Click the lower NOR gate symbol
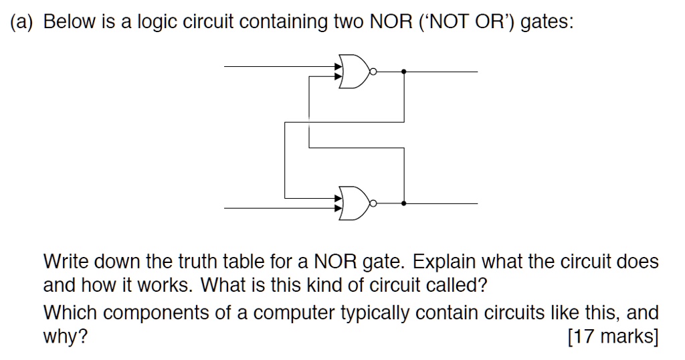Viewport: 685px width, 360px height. click(355, 203)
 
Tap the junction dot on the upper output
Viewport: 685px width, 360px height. click(404, 71)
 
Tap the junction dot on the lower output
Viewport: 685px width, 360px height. click(404, 203)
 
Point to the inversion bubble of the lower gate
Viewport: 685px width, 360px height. click(375, 203)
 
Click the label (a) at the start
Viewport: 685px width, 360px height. click(23, 23)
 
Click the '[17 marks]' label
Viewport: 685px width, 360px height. click(613, 337)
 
